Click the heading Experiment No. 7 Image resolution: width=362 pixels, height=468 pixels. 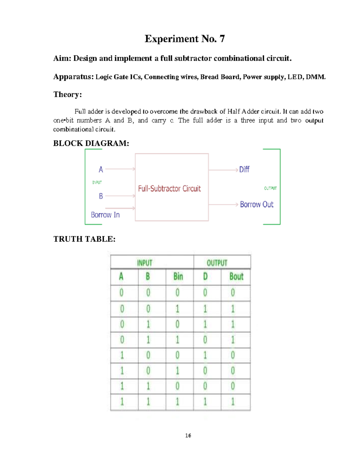point(185,39)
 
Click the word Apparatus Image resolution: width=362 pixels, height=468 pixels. point(73,77)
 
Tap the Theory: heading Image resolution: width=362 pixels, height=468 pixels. point(68,95)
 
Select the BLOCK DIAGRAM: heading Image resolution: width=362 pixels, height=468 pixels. point(91,143)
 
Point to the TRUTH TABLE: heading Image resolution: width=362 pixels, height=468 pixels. point(84,239)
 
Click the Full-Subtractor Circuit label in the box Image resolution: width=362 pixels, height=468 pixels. point(169,189)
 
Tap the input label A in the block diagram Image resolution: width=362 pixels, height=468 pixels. point(101,170)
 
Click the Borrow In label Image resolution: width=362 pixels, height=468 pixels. point(105,215)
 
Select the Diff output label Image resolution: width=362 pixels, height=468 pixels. point(244,170)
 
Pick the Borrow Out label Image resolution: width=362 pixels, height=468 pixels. point(257,205)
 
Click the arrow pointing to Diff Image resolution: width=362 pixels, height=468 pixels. point(223,170)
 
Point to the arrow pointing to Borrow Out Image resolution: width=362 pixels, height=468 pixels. point(223,205)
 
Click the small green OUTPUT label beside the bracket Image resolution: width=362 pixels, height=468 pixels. point(270,188)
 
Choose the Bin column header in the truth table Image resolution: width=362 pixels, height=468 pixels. point(178,277)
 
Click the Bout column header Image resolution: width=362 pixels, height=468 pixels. point(236,277)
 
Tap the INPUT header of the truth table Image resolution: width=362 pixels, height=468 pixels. point(145,263)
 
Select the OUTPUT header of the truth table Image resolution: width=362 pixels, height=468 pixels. point(217,263)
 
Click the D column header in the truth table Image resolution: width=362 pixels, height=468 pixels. point(205,277)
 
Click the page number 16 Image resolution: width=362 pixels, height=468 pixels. point(188,435)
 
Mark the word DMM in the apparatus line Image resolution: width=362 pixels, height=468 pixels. point(315,77)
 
